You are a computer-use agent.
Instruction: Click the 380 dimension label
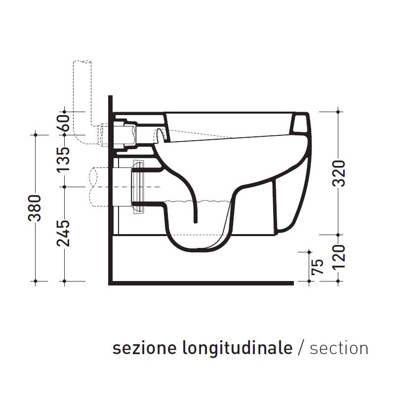[35, 208]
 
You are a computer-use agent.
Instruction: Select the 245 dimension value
[64, 234]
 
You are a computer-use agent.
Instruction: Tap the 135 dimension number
[64, 159]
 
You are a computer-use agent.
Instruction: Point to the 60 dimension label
[64, 122]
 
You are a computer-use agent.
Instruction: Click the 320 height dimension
[338, 173]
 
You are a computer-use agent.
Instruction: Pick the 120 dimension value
[338, 258]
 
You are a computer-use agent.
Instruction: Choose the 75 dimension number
[318, 266]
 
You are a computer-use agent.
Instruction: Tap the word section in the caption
[339, 348]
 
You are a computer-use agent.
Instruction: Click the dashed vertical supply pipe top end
[82, 62]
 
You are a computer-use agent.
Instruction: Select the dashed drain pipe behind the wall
[96, 187]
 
